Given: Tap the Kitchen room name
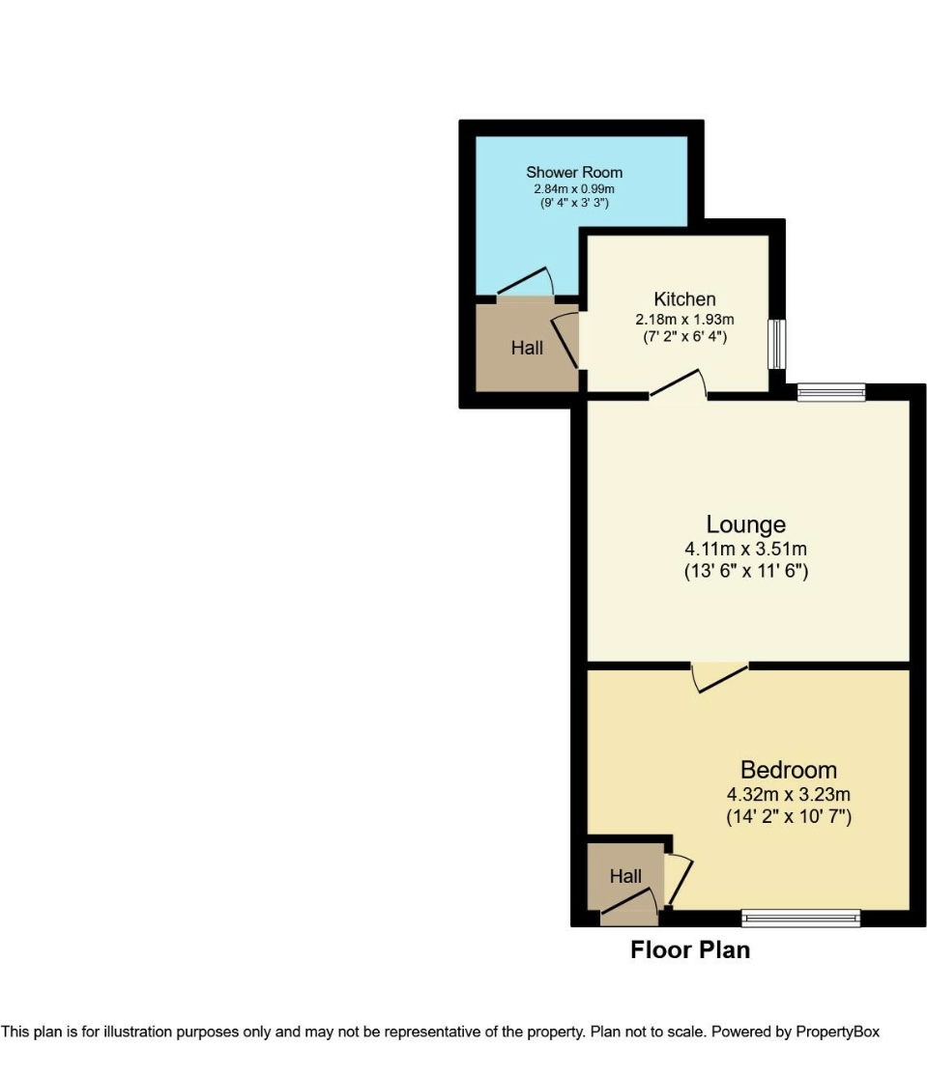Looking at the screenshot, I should (x=684, y=298).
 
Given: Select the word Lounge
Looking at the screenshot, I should (x=745, y=524).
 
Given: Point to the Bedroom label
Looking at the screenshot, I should (x=788, y=770).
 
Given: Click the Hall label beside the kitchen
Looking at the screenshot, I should (x=527, y=348).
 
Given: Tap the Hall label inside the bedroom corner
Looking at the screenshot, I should (x=625, y=877).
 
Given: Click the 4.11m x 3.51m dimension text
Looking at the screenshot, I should (x=745, y=550).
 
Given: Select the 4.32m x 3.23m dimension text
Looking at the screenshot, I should (x=788, y=795).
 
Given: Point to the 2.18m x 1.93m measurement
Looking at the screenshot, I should (x=684, y=320).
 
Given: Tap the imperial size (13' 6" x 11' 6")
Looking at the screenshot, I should (x=745, y=572).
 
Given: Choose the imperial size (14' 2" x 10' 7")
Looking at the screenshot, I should (x=788, y=817).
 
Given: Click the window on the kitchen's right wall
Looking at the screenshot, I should (x=776, y=344).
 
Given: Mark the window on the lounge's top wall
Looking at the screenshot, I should (x=830, y=392).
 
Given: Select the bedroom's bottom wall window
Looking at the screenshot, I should (x=800, y=918).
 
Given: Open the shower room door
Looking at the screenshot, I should (x=524, y=283).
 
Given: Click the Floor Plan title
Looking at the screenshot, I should (x=690, y=950).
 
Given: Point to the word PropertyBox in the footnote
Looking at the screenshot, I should (x=837, y=1032).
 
